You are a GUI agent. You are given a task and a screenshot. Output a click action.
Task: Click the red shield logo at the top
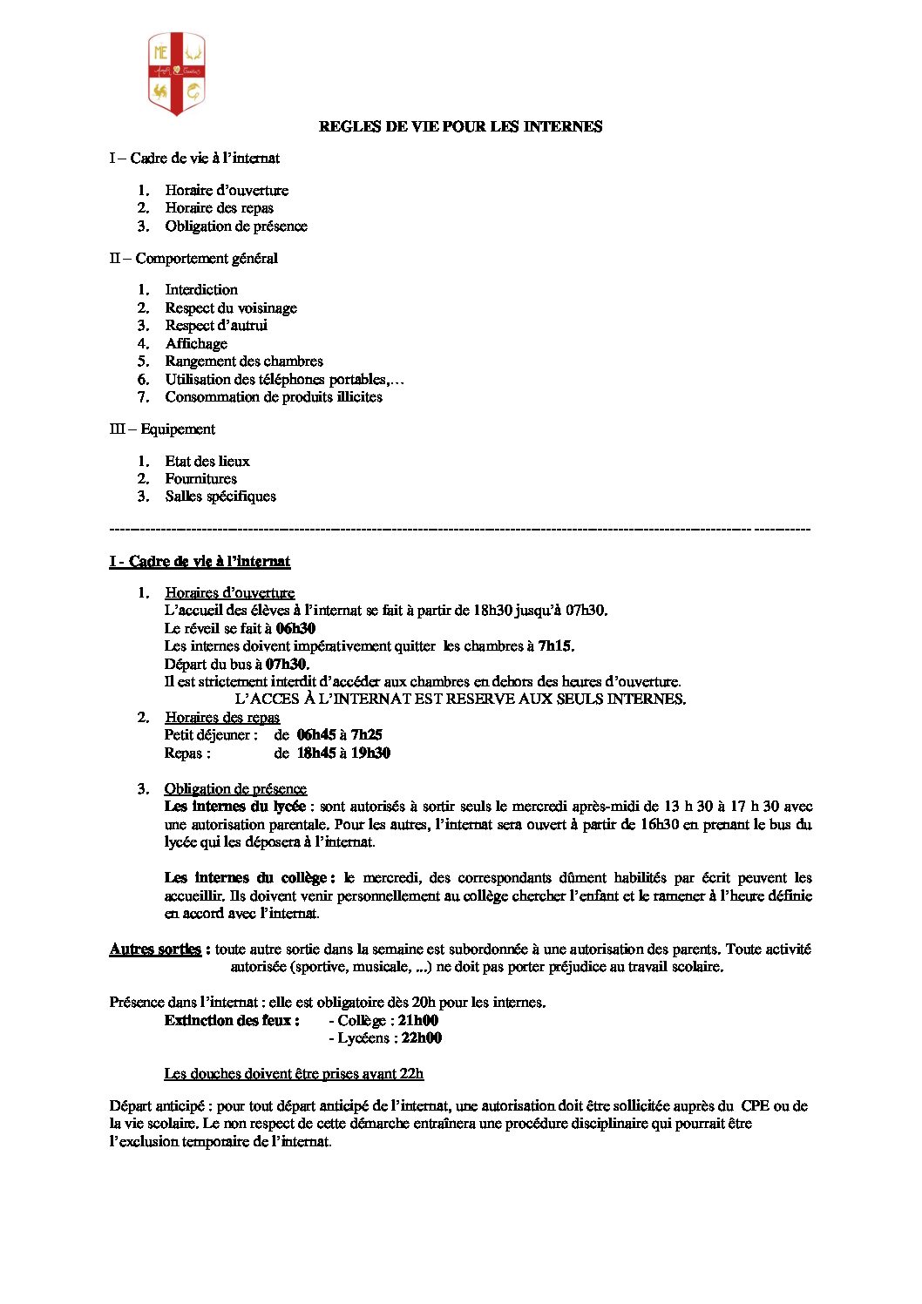pos(176,74)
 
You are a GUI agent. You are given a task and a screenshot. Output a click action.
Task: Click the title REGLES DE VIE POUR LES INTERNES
pos(460,127)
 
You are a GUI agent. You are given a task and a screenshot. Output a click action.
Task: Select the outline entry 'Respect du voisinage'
pos(231,307)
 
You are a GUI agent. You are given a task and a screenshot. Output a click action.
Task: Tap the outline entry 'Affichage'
pos(196,343)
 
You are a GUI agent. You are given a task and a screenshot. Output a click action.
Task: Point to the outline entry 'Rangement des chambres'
pos(244,361)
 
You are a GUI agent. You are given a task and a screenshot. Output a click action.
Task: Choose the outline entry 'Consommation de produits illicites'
pos(274,396)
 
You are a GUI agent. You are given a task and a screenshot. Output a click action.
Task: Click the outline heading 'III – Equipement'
pos(162,429)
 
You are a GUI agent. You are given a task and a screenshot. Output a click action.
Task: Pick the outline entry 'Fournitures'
pos(200,478)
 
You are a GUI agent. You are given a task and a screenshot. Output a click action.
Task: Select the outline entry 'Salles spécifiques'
pos(220,496)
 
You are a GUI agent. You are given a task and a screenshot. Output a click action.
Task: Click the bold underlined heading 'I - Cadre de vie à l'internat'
pos(200,562)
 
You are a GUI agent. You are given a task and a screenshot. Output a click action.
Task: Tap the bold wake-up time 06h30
pos(295,628)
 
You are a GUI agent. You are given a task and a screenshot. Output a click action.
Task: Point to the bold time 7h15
pos(555,646)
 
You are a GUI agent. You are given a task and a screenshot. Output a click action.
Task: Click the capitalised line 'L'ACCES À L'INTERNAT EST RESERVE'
pos(460,699)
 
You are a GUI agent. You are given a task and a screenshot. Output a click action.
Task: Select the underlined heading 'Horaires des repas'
pos(222,718)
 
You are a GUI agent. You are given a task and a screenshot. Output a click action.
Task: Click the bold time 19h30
pos(370,753)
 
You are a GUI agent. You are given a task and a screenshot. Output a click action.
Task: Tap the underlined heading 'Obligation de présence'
pos(235,789)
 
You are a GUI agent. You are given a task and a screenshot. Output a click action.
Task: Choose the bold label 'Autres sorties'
pos(155,949)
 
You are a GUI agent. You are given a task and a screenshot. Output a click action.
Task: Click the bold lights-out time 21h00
pos(417,1020)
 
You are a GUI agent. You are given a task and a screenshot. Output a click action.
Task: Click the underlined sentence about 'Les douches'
pos(294,1074)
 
